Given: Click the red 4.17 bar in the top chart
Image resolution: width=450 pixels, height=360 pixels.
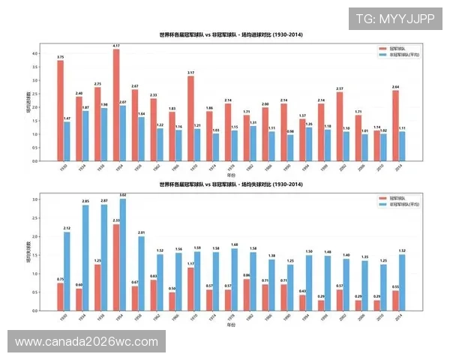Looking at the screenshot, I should point(116,105).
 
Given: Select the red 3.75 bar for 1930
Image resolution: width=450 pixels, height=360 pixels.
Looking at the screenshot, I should point(60,111).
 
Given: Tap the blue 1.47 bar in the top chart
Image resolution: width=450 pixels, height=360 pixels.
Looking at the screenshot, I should point(67,142).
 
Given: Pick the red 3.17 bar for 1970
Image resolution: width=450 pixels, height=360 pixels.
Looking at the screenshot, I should point(190,118).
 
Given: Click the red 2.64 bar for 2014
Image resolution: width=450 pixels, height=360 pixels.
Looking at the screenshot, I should point(395,125).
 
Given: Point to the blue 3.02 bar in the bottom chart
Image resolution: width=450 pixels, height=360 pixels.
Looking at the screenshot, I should point(122,254).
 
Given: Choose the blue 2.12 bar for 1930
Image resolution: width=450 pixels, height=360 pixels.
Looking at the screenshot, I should point(67,271).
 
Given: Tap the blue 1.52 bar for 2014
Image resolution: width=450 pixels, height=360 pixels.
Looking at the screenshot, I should point(402,282).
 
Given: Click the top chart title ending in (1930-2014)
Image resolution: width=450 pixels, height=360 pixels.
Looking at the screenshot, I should point(230,35).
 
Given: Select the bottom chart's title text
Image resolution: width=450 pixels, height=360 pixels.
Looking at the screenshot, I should point(230,184).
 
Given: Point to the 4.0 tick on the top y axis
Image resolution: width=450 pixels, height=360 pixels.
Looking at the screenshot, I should point(34,54).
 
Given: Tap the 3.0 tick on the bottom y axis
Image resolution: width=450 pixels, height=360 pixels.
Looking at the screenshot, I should point(34,199).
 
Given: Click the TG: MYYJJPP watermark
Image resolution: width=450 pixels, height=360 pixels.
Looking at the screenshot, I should point(394,18).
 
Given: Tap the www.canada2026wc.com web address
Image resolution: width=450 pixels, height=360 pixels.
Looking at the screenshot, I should point(86,342).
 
